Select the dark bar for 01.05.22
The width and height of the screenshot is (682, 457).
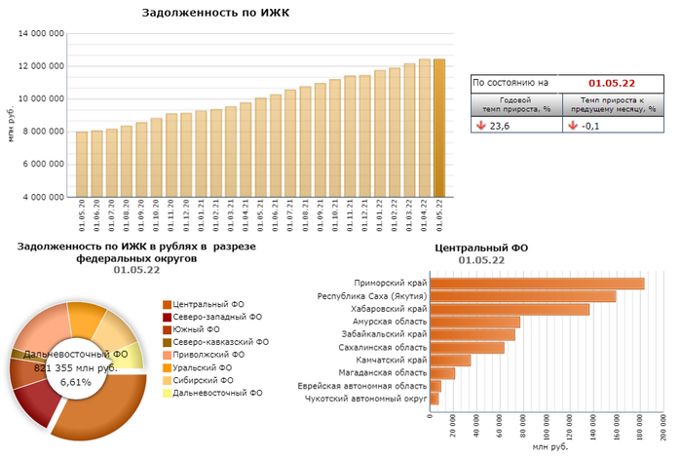tap(438, 127)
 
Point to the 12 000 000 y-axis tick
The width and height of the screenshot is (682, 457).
tap(42, 66)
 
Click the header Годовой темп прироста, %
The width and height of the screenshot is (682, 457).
tap(518, 105)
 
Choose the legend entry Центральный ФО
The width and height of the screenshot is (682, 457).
tap(209, 305)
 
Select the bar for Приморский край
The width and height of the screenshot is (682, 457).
tap(537, 284)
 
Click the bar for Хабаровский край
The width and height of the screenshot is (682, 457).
tap(510, 309)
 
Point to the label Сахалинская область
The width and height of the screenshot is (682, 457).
tap(382, 347)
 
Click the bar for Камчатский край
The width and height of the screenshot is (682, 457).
tap(450, 360)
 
